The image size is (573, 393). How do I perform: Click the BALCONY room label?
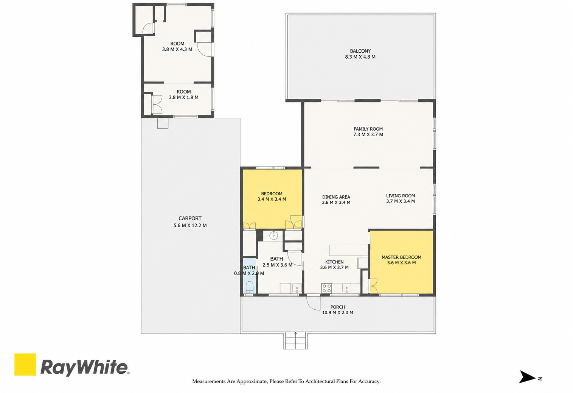[360, 51]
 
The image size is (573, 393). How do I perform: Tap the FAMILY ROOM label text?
[368, 129]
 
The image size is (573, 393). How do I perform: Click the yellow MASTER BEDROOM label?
[401, 257]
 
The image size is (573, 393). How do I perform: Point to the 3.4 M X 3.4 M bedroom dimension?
[272, 199]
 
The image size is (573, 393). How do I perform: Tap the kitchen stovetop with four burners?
[326, 288]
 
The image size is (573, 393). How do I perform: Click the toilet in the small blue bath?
[249, 287]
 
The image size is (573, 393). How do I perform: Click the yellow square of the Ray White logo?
[25, 364]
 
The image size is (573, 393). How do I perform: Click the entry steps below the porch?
[295, 340]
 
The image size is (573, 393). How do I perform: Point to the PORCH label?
[338, 307]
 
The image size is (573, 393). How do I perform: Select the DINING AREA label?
[336, 197]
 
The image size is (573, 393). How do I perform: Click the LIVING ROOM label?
[401, 196]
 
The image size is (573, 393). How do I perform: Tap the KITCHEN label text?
[334, 262]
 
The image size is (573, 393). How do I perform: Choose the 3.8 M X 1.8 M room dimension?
[184, 97]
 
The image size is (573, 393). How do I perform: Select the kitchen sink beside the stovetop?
[347, 288]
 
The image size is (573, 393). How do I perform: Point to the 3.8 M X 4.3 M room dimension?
[177, 49]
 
